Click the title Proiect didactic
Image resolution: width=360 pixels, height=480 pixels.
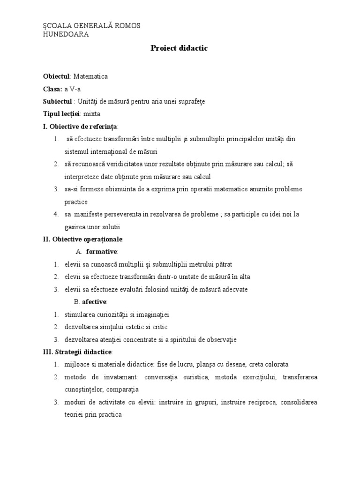179,48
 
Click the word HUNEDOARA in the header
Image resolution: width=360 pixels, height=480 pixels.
66,34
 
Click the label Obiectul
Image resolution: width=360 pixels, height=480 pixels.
56,76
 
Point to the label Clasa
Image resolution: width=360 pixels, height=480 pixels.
52,89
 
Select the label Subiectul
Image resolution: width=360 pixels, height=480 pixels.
58,101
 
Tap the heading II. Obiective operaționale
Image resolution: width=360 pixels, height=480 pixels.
83,240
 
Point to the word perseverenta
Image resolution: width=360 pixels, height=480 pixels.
123,214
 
